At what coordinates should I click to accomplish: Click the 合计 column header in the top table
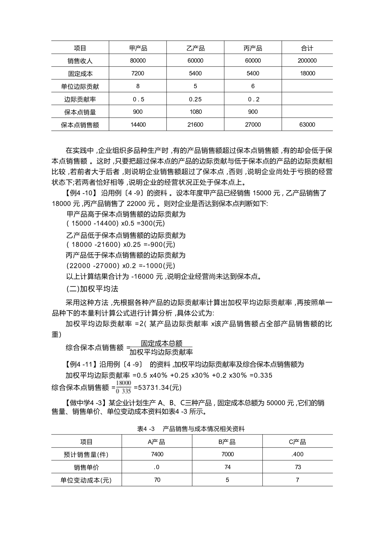point(307,48)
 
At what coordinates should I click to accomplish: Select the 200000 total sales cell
point(307,61)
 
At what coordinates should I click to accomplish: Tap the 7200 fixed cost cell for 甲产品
point(138,73)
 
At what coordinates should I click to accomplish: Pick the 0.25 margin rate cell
point(195,99)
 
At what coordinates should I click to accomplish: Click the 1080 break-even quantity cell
point(195,112)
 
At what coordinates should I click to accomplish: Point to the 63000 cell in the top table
point(307,125)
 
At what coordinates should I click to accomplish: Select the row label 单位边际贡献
point(80,86)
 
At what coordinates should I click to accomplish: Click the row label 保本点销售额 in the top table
point(80,125)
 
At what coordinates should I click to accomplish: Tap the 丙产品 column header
point(253,48)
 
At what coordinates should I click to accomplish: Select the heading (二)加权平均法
point(92,289)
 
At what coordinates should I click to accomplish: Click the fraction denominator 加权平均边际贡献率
point(161,352)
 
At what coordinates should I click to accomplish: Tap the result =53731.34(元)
point(158,387)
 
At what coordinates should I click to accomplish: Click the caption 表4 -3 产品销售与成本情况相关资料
point(191,429)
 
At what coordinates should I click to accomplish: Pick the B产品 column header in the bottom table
point(227,442)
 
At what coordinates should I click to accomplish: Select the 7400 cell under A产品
point(157,454)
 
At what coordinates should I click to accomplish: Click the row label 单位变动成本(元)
point(86,480)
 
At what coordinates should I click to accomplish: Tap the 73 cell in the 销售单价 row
point(298,467)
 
